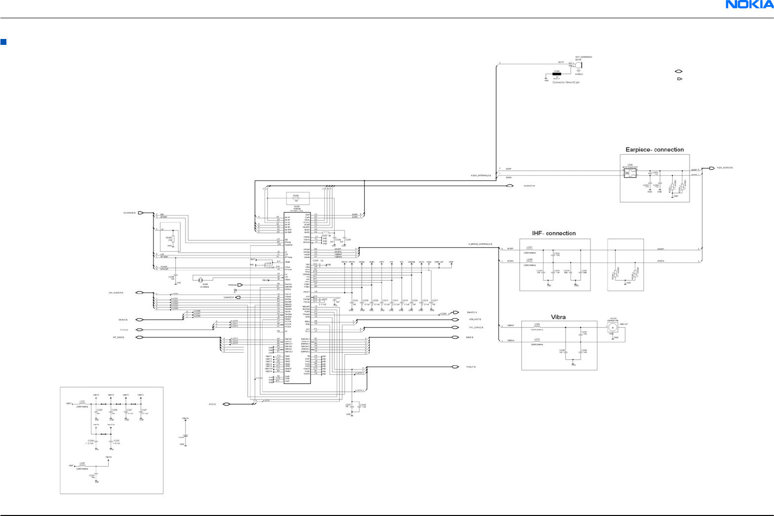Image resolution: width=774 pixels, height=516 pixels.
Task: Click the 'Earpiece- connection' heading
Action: pyautogui.click(x=655, y=149)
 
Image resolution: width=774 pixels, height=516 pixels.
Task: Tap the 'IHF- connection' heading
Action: pyautogui.click(x=554, y=233)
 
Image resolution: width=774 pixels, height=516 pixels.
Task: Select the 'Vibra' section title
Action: pyautogui.click(x=558, y=317)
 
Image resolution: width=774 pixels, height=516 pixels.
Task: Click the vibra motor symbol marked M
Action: pyautogui.click(x=613, y=327)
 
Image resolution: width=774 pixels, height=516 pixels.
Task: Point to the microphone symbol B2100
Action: pyautogui.click(x=578, y=65)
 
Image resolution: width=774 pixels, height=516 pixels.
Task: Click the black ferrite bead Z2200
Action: pyautogui.click(x=557, y=74)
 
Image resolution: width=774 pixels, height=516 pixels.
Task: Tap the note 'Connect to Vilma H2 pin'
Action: pyautogui.click(x=566, y=82)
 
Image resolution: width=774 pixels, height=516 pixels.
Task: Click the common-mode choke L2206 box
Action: pyautogui.click(x=630, y=173)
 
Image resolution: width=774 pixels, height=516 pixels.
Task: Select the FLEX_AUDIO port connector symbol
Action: pyautogui.click(x=712, y=168)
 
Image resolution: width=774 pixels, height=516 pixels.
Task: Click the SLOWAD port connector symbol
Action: pyautogui.click(x=141, y=213)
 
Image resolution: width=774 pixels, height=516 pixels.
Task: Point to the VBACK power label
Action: pyautogui.click(x=185, y=419)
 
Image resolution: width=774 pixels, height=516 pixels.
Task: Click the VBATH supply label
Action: pyautogui.click(x=109, y=457)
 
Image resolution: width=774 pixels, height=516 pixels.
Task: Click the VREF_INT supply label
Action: pyautogui.click(x=439, y=262)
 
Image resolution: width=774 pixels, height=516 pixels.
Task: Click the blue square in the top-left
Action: pyautogui.click(x=3, y=42)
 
